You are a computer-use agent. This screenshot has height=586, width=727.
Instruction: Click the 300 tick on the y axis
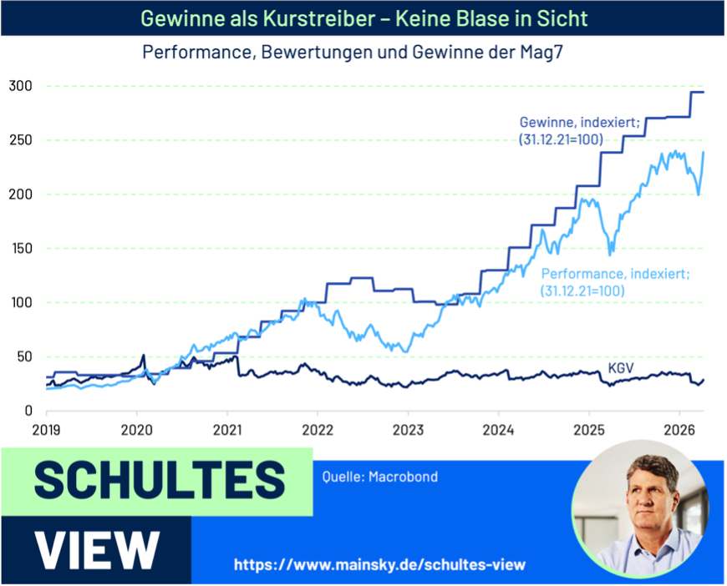point(21,86)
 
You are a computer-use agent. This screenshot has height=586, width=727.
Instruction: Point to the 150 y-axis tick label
point(21,249)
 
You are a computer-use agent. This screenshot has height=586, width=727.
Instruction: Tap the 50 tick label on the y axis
point(25,357)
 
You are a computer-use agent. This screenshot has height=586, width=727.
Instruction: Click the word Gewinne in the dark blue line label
point(547,123)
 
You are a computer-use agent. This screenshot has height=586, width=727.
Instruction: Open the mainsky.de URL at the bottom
point(379,565)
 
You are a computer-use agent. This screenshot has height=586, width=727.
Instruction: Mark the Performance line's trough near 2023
point(404,351)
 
